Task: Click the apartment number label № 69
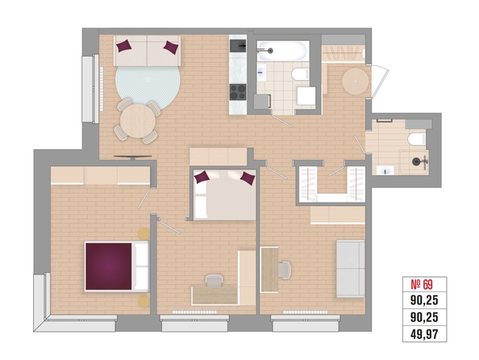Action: (x=422, y=285)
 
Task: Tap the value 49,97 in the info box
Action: (x=424, y=334)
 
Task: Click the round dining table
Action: (x=138, y=121)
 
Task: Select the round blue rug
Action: (x=148, y=85)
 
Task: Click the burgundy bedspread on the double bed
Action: (x=108, y=266)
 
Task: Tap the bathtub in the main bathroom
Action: (x=281, y=51)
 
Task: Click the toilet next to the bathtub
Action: (x=301, y=74)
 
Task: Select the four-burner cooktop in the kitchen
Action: (x=238, y=92)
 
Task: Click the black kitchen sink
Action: (x=238, y=46)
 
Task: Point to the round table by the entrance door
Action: (x=356, y=82)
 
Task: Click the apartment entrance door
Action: (x=379, y=82)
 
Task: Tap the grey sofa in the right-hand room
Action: (x=351, y=269)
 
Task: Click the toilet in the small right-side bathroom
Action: (x=417, y=139)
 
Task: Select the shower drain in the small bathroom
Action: (x=416, y=161)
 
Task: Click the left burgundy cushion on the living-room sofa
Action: (x=124, y=46)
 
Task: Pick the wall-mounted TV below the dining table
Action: (x=132, y=157)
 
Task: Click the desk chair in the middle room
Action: (x=215, y=280)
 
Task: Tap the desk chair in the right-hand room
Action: (x=285, y=270)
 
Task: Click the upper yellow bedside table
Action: (x=144, y=234)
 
